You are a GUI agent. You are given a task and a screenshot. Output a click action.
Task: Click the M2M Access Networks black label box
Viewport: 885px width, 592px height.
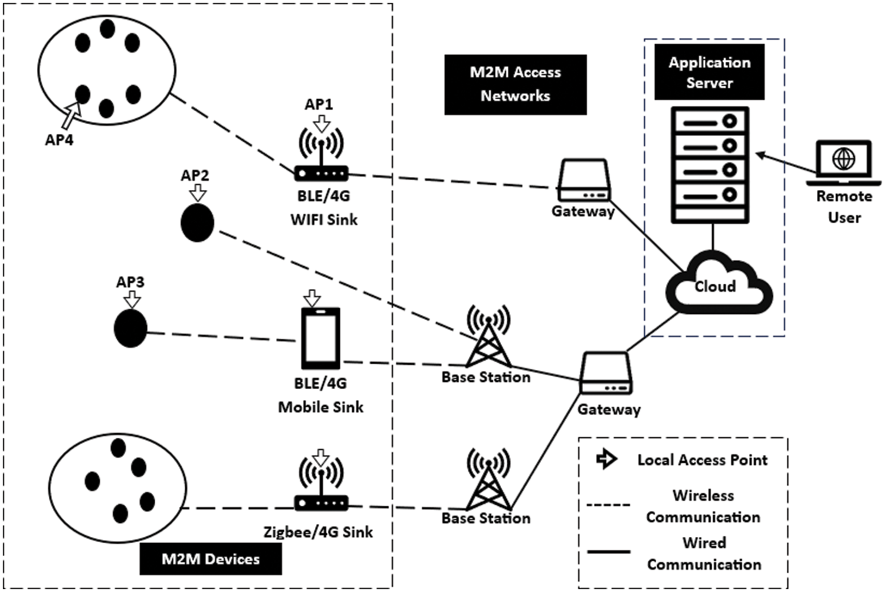(515, 84)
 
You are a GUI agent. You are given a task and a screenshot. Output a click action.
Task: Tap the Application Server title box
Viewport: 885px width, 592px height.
(709, 72)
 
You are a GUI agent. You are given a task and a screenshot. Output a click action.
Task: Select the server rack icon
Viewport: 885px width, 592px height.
(710, 165)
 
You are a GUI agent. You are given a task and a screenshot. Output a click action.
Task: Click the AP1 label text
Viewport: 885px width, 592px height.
(319, 104)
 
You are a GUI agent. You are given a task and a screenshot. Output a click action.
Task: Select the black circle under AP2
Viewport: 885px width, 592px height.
(197, 223)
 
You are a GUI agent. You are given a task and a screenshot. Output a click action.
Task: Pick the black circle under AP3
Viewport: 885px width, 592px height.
(130, 328)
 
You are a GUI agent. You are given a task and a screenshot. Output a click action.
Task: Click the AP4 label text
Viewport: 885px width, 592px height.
(59, 140)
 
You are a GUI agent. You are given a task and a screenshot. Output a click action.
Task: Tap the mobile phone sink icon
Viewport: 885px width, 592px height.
(321, 338)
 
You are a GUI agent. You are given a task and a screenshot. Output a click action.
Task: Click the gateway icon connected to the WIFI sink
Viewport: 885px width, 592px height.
(584, 181)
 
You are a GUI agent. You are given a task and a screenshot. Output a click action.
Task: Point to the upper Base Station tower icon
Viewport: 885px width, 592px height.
(488, 336)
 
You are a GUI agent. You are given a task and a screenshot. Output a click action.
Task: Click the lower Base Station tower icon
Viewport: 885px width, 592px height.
(488, 479)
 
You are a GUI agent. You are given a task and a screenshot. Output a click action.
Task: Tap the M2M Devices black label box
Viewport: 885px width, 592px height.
(211, 559)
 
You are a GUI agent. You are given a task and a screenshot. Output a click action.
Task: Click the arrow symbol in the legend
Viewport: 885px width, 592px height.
(606, 459)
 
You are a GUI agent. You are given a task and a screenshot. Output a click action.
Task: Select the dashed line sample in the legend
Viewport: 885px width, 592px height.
(608, 505)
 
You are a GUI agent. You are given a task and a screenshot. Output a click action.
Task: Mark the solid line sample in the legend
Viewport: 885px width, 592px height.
(608, 552)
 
